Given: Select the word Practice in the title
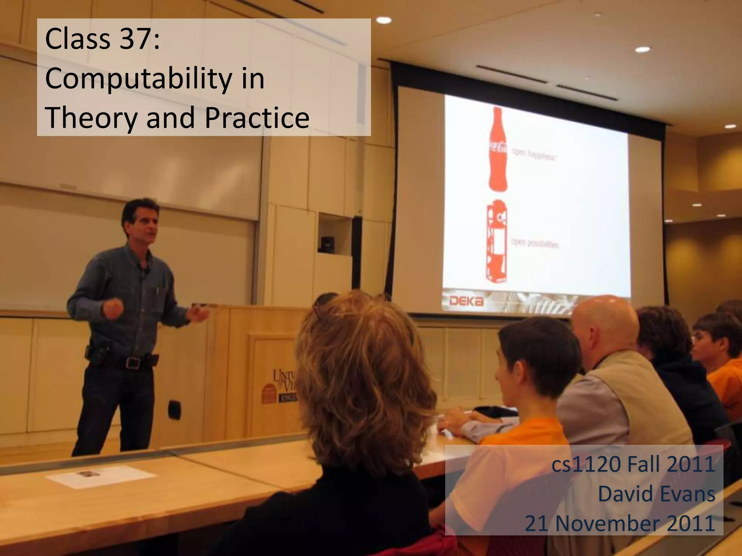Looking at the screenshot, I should [x=257, y=118].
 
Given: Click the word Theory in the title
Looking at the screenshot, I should [x=91, y=118].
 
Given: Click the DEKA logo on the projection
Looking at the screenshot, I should [x=466, y=301].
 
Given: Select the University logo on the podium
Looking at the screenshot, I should [x=285, y=386].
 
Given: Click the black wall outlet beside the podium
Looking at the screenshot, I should [x=174, y=409].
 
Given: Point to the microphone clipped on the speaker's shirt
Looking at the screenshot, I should [x=147, y=270].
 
